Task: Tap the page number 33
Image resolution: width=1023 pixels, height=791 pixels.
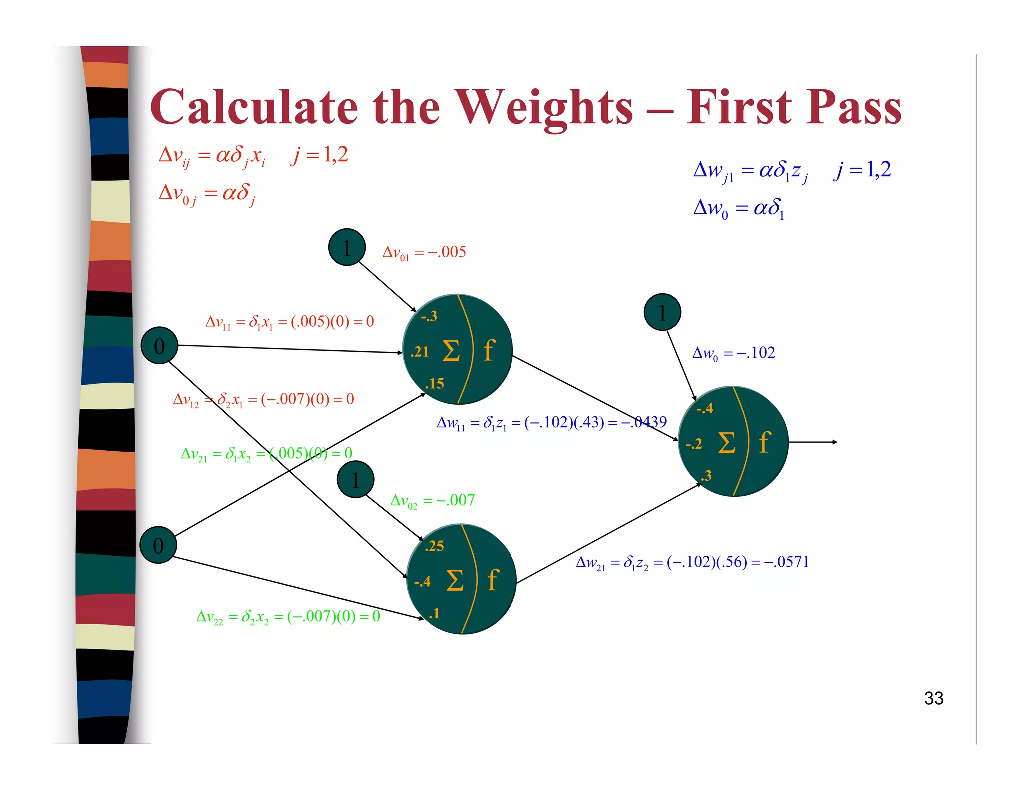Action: (933, 698)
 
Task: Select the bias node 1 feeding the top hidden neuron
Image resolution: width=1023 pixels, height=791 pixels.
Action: (347, 247)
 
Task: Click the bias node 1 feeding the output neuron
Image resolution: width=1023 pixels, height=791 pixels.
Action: (662, 312)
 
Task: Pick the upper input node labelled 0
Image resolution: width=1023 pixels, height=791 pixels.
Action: (159, 346)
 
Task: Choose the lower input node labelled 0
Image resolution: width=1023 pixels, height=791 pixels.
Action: (158, 545)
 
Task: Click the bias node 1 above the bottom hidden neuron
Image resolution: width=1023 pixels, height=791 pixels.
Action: (355, 480)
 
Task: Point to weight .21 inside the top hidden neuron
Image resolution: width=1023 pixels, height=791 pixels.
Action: (420, 352)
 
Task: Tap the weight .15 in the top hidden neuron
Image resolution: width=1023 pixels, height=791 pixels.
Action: (434, 383)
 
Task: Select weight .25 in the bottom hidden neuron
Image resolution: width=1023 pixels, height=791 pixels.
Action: (434, 546)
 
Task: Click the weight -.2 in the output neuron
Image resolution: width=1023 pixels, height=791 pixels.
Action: (694, 444)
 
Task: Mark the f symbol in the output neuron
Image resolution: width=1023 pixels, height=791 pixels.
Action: (764, 442)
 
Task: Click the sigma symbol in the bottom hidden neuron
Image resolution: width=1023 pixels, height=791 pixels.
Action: (455, 580)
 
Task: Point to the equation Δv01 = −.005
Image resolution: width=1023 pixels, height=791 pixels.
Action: (424, 252)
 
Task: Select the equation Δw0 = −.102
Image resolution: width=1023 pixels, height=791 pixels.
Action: (733, 353)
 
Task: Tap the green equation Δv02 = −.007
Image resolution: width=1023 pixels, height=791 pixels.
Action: (432, 500)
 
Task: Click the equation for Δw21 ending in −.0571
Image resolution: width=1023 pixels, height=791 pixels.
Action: (692, 562)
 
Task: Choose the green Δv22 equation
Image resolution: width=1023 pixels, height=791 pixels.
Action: (288, 616)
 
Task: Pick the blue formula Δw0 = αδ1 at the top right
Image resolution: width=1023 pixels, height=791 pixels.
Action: (739, 208)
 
